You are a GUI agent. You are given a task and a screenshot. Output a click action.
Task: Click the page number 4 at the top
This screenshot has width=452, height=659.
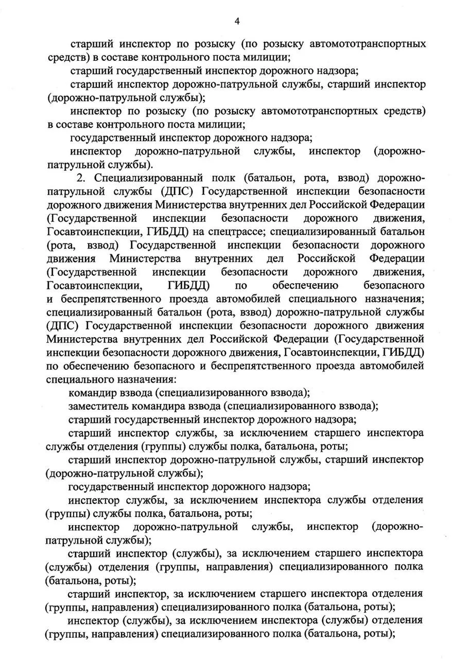tap(237, 21)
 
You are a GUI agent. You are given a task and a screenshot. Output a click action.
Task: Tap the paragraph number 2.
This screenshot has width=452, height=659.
tap(79, 178)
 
